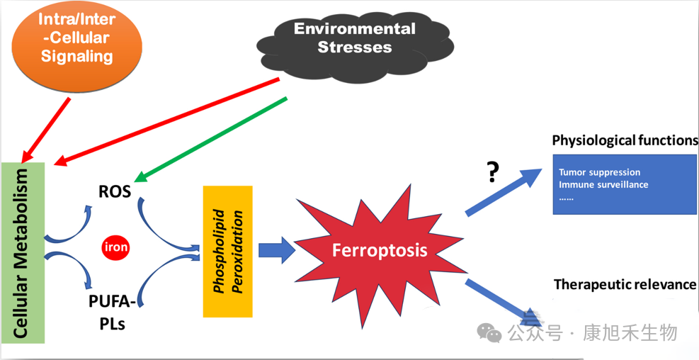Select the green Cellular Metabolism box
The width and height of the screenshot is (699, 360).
point(23,252)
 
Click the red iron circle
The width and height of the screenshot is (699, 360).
point(116,247)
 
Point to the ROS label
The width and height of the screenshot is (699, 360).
point(115,191)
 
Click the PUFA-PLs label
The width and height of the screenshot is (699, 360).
point(112,313)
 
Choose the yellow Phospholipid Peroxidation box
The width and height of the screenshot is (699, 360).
point(227,252)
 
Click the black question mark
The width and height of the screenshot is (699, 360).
point(494,173)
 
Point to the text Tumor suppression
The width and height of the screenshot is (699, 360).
point(599,172)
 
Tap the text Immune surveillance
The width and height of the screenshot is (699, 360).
point(603,185)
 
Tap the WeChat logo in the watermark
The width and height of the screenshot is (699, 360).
point(489,332)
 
